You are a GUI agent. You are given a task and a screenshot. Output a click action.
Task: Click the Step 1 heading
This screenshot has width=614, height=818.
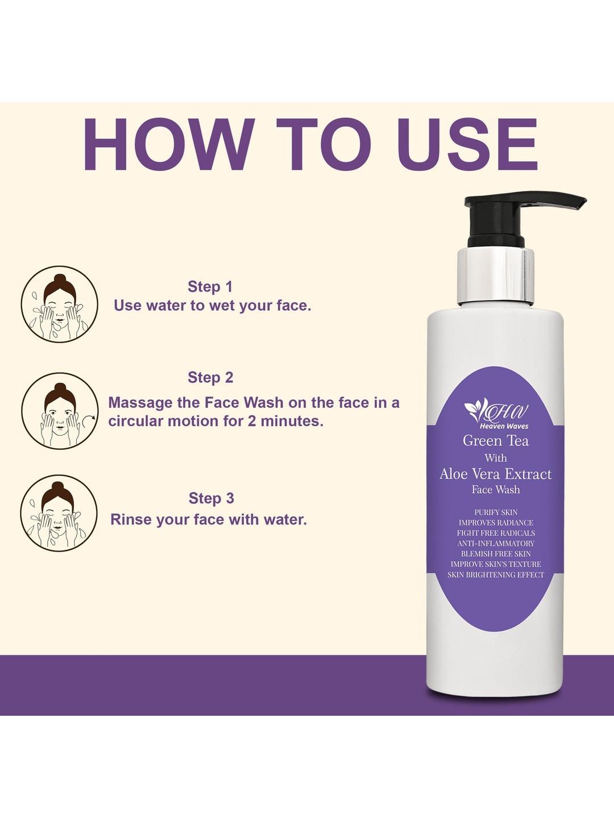210,286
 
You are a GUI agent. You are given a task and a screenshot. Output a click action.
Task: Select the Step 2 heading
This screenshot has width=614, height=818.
210,377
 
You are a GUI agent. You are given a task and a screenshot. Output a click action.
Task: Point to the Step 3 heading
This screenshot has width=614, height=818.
211,498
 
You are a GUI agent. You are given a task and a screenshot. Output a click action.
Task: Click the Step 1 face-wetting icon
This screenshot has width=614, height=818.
60,304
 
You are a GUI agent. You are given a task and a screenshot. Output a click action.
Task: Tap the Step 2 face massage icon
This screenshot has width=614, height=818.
60,411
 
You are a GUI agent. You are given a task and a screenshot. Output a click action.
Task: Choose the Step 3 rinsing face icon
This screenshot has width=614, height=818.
59,513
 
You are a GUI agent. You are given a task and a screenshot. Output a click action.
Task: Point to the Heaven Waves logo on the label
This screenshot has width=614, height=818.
496,414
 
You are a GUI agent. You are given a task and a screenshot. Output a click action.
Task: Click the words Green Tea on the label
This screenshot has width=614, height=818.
496,440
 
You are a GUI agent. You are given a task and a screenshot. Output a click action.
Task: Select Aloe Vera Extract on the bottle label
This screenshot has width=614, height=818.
495,474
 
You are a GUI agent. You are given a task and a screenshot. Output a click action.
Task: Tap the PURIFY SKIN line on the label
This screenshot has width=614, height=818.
496,512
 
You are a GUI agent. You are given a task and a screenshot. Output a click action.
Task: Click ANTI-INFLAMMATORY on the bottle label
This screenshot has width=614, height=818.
496,544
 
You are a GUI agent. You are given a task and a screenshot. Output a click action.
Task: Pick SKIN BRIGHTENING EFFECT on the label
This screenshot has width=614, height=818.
496,575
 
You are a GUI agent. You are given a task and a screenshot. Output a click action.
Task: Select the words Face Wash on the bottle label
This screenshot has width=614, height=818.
496,489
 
